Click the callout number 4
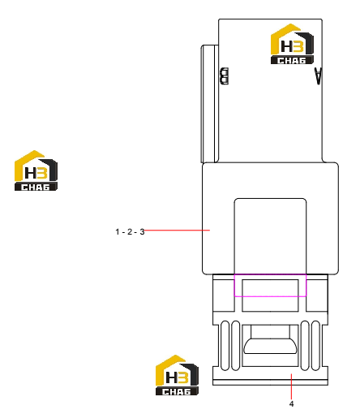click(x=291, y=403)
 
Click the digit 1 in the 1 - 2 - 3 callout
click(x=118, y=232)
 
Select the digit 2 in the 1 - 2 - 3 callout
click(x=130, y=232)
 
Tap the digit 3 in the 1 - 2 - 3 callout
click(x=142, y=232)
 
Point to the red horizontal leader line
click(x=177, y=231)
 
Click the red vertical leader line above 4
click(x=291, y=386)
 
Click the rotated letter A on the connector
click(x=318, y=76)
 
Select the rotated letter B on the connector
click(x=225, y=76)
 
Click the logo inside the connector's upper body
click(x=292, y=44)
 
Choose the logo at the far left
click(x=36, y=170)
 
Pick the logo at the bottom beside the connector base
click(x=177, y=375)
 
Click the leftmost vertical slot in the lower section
click(x=225, y=346)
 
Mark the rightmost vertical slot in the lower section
click(x=315, y=346)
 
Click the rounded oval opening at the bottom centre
click(x=270, y=346)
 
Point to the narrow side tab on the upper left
click(x=209, y=104)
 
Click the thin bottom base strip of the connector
click(x=270, y=382)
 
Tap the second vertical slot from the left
click(x=236, y=346)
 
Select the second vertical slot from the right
click(x=305, y=346)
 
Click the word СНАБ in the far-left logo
click(x=36, y=187)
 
